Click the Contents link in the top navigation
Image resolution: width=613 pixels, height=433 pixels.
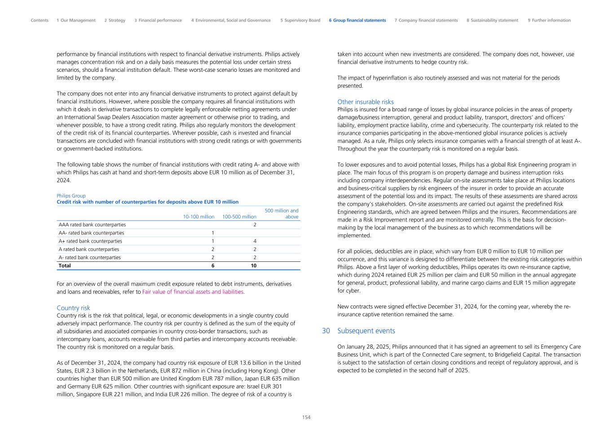[40, 20]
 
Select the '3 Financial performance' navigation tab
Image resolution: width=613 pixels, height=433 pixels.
[158, 20]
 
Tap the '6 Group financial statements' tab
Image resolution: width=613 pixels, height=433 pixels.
[357, 20]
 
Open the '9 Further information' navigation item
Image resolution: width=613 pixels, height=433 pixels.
[549, 20]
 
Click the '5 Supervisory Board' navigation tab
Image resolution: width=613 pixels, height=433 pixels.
[300, 20]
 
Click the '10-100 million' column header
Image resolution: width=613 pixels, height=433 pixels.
[198, 217]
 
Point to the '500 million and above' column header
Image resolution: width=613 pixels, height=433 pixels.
[282, 214]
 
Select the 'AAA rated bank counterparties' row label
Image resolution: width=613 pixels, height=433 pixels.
[92, 225]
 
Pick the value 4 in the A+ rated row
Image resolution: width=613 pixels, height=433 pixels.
[255, 241]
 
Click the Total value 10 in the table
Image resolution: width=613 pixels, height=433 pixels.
[254, 265]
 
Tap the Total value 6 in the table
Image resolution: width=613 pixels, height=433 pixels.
[213, 265]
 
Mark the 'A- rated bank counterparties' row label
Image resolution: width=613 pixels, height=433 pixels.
[90, 257]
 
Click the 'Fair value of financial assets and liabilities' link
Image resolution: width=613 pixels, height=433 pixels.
[193, 292]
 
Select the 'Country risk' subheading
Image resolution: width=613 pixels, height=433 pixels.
[73, 308]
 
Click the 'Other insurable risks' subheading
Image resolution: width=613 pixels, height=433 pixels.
[365, 102]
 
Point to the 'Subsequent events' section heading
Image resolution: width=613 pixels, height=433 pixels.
[366, 331]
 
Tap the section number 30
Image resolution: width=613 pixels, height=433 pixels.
[326, 331]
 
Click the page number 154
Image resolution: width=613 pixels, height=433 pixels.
[306, 417]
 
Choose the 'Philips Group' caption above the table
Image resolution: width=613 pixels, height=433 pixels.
[71, 196]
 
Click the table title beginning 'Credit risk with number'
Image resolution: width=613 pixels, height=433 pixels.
[147, 202]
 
